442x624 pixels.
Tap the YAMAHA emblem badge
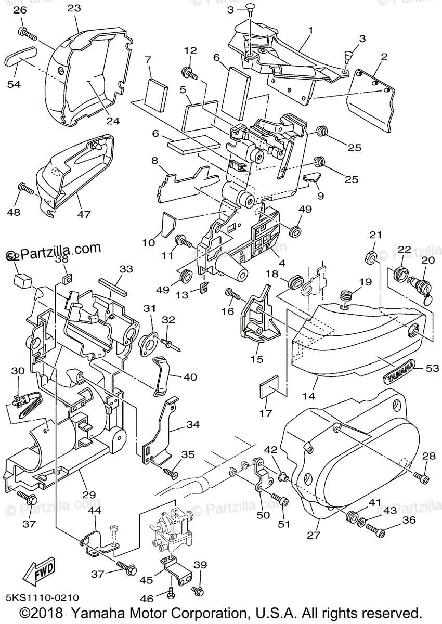[x=400, y=370]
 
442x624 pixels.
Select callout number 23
[x=74, y=8]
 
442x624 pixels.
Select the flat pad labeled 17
[x=269, y=388]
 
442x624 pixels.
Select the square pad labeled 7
[x=157, y=93]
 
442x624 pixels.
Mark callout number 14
[x=309, y=396]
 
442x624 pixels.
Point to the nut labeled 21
[x=371, y=256]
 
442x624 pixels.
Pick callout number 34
[x=192, y=424]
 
